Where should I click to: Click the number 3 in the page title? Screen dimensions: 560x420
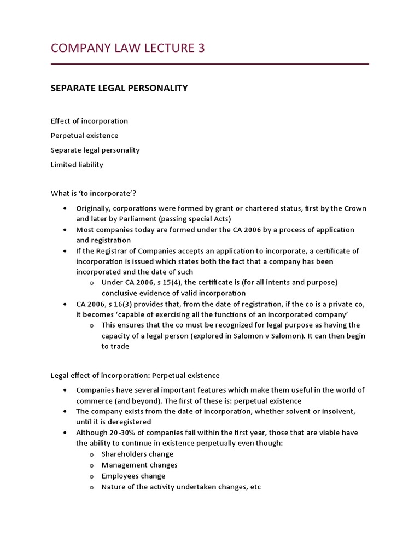200,48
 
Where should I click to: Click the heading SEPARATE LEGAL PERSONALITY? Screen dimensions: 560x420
119,88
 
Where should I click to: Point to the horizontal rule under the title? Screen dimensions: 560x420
209,65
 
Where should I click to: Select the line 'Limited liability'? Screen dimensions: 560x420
77,165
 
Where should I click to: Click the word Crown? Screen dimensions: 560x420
354,209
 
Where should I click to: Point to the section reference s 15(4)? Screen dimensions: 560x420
155,283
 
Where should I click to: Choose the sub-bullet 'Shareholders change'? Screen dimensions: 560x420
137,454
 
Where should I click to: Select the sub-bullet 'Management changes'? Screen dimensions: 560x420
139,465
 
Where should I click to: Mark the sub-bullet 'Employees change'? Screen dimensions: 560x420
133,476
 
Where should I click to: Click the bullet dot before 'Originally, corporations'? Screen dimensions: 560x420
65,209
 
